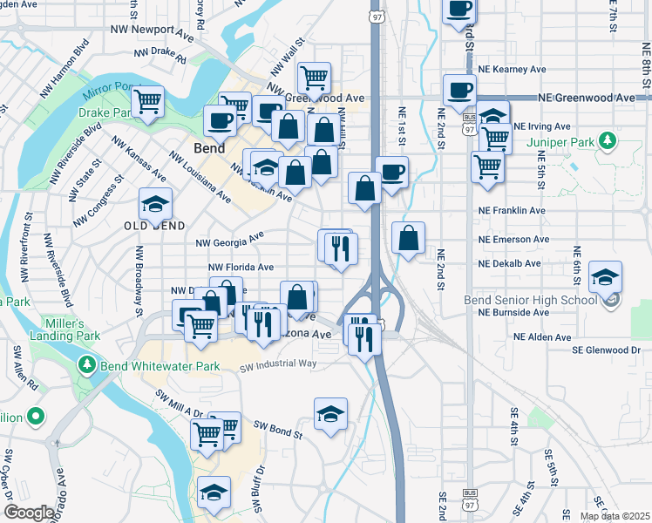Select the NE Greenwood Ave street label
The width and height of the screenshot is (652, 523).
pyautogui.click(x=587, y=98)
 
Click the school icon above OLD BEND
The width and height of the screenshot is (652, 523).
pyautogui.click(x=155, y=206)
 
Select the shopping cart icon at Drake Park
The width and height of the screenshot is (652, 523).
pyautogui.click(x=148, y=102)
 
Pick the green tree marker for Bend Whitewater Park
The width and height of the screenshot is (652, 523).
pyautogui.click(x=85, y=363)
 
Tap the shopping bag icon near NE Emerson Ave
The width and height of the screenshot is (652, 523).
pyautogui.click(x=408, y=238)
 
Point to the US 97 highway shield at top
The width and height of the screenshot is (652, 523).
pyautogui.click(x=377, y=17)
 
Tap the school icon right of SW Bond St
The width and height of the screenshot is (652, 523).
pyautogui.click(x=330, y=415)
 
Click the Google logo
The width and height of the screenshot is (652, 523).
pyautogui.click(x=30, y=513)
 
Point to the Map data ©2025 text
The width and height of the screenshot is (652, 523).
pyautogui.click(x=615, y=516)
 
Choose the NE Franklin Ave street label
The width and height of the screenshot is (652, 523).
pyautogui.click(x=513, y=211)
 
